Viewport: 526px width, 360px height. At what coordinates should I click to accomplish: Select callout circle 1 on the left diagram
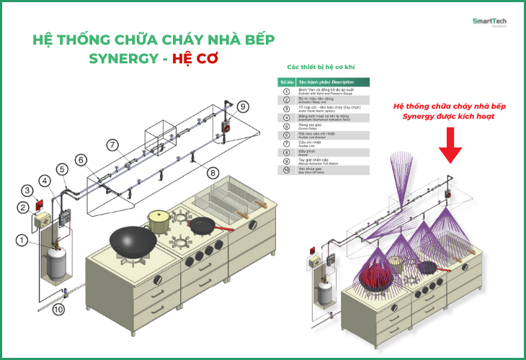pos(23,240)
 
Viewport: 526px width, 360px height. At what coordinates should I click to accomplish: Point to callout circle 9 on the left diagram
pos(243,107)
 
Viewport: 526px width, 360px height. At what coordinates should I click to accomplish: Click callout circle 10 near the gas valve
pos(58,310)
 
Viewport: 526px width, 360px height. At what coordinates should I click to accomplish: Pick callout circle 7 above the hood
pos(112,144)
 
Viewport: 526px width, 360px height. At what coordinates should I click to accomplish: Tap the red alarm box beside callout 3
pos(40,193)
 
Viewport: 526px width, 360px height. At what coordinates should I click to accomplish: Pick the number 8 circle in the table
pos(285,153)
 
